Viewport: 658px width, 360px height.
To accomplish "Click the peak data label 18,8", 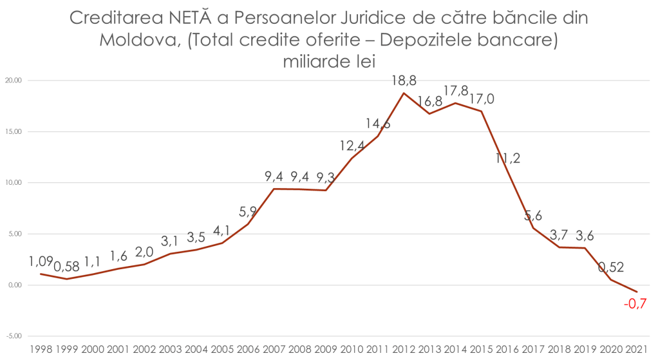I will coord(404,81).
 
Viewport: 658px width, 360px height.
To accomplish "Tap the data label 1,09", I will coord(41,262).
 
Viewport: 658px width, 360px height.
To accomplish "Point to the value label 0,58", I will coord(66,266).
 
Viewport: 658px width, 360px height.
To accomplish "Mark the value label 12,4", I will coord(353,146).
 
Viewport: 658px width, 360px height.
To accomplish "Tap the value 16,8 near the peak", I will coord(429,101).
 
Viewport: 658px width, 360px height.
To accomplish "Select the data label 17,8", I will coord(456,91).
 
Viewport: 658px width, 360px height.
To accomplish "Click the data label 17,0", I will coord(482,99).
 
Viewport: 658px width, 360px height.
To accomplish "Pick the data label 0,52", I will coord(612,266).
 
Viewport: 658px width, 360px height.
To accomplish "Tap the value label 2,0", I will coord(144,251).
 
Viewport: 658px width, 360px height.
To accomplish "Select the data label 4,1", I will coord(221,230).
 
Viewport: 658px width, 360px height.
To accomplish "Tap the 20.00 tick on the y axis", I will coord(14,81).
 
